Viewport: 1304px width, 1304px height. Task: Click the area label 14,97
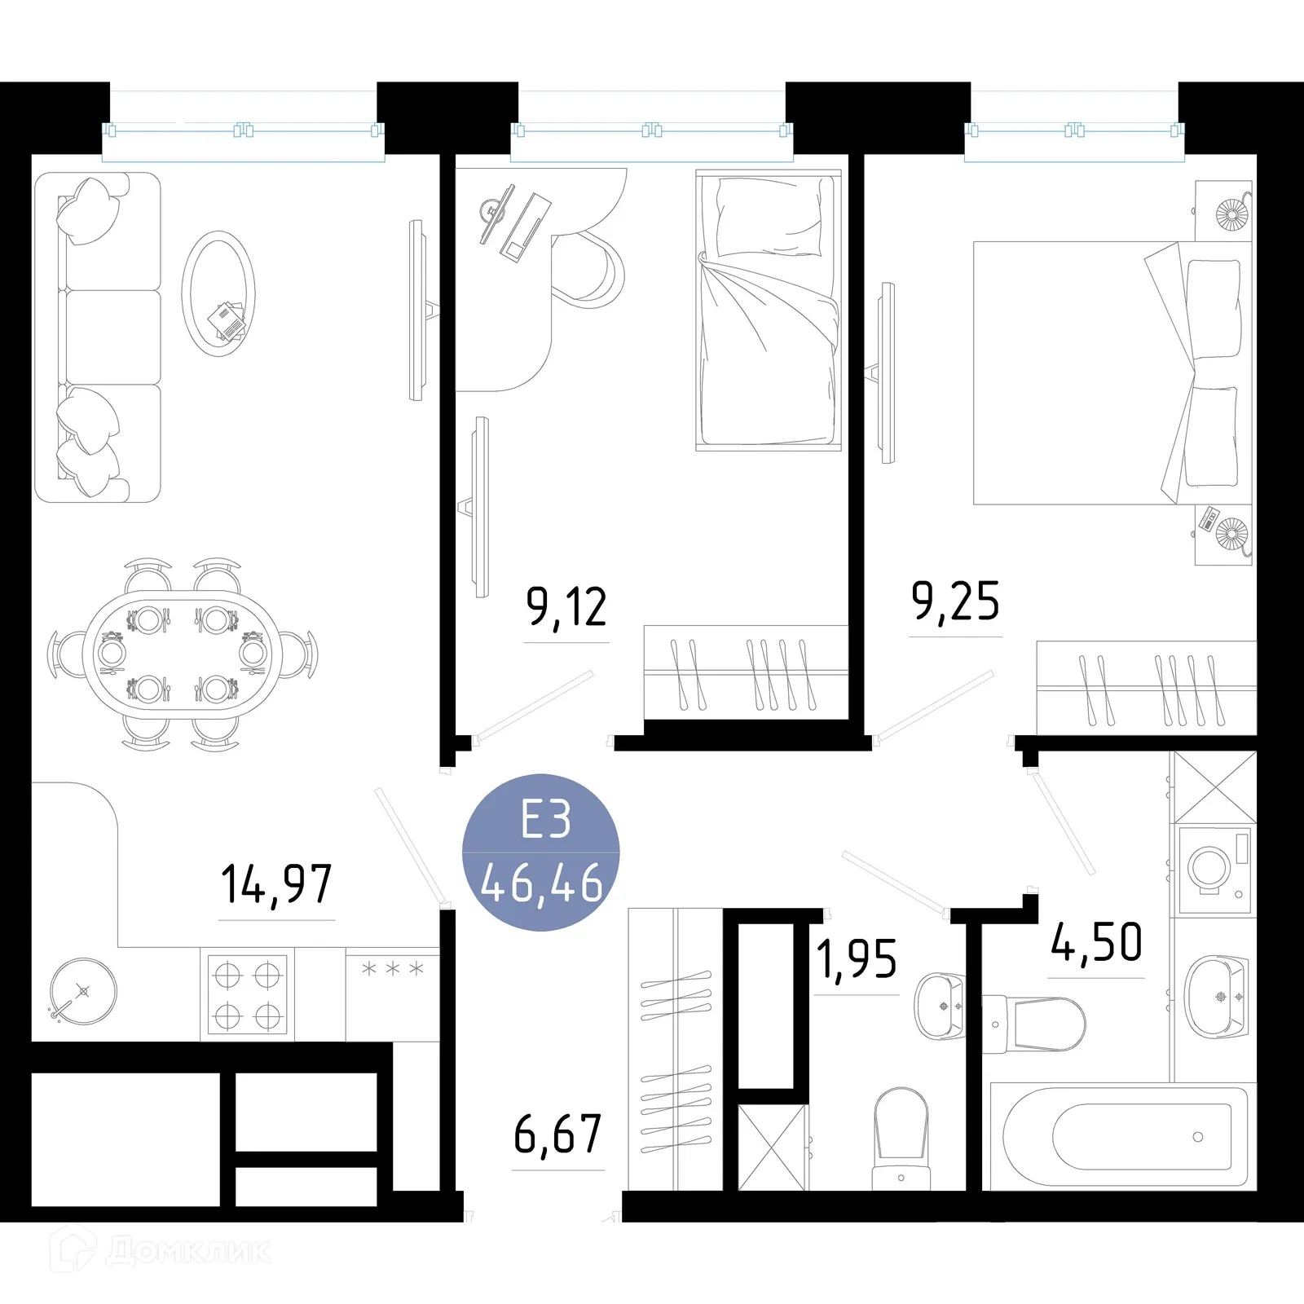(x=276, y=885)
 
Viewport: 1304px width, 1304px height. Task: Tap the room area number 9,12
(x=566, y=607)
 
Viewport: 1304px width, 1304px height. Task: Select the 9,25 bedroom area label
(x=954, y=601)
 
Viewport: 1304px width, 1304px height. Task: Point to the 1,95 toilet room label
(x=856, y=959)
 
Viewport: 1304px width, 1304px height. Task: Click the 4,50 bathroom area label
(x=1096, y=943)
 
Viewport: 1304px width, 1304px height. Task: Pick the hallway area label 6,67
(x=557, y=1134)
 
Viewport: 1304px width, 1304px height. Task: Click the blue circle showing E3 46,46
(x=541, y=852)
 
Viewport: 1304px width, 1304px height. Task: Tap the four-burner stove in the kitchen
(x=247, y=994)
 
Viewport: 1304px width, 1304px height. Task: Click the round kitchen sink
(x=83, y=992)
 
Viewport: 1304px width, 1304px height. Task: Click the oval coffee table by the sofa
(x=218, y=294)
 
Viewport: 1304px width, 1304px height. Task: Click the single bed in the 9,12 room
(x=768, y=310)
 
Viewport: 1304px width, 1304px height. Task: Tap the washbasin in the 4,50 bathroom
(x=1215, y=996)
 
